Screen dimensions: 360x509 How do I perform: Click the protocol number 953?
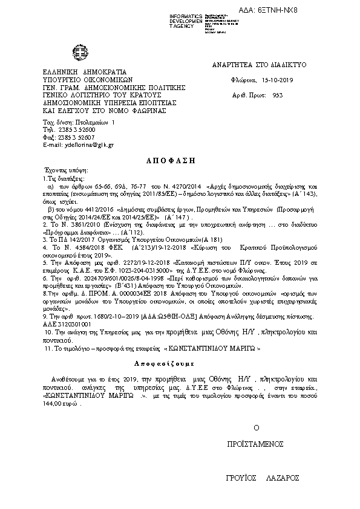click(278, 95)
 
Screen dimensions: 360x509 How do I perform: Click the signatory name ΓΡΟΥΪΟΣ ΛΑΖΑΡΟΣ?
click(263, 478)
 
